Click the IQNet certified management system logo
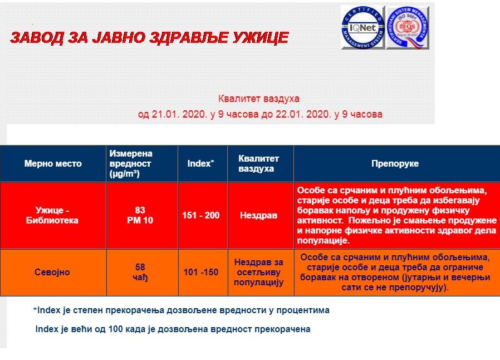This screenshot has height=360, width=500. pyautogui.click(x=362, y=27)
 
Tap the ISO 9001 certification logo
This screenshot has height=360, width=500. pyautogui.click(x=408, y=28)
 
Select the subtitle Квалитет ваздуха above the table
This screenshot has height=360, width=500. pyautogui.click(x=258, y=99)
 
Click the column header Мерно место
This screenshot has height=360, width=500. pyautogui.click(x=53, y=163)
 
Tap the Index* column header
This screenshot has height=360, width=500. pyautogui.click(x=200, y=163)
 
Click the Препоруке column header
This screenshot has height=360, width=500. pyautogui.click(x=395, y=163)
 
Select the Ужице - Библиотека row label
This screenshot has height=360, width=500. pyautogui.click(x=52, y=215)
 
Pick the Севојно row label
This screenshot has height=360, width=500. pyautogui.click(x=52, y=273)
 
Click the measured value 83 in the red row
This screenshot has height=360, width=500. pyautogui.click(x=140, y=210)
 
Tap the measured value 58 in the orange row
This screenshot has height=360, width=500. pyautogui.click(x=140, y=267)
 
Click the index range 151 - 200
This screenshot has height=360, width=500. pyautogui.click(x=201, y=216)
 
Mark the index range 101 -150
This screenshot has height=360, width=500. pyautogui.click(x=201, y=273)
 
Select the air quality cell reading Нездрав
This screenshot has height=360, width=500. pyautogui.click(x=258, y=216)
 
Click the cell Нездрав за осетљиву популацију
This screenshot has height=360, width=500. pyautogui.click(x=258, y=273)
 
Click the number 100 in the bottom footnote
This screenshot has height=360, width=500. pyautogui.click(x=115, y=329)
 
